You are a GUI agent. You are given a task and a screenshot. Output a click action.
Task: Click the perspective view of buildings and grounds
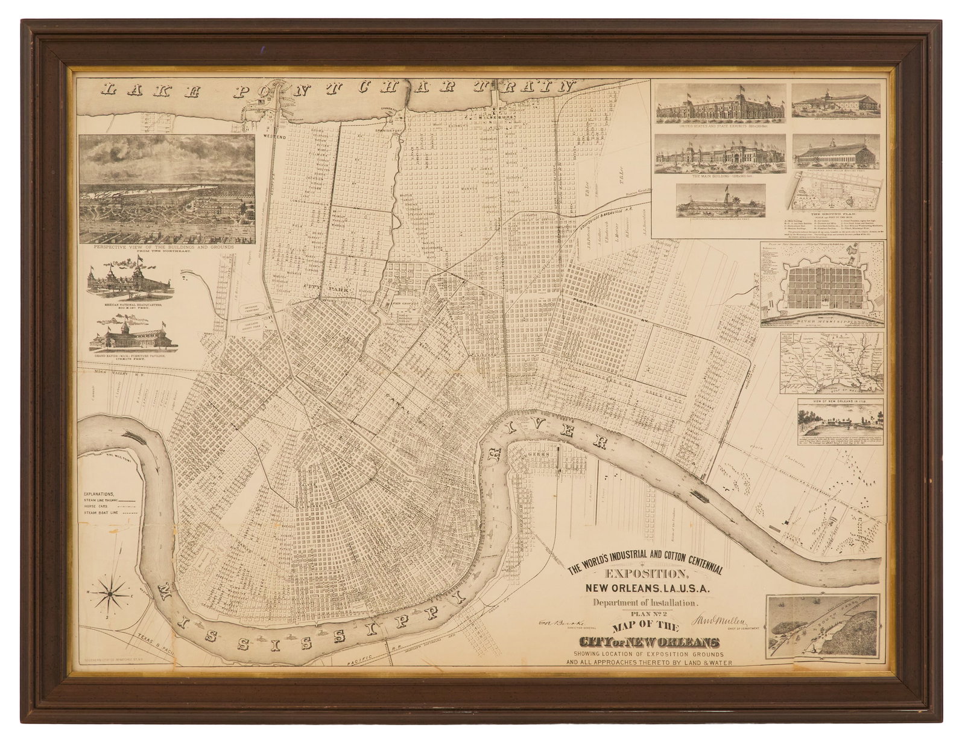(167, 188)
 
